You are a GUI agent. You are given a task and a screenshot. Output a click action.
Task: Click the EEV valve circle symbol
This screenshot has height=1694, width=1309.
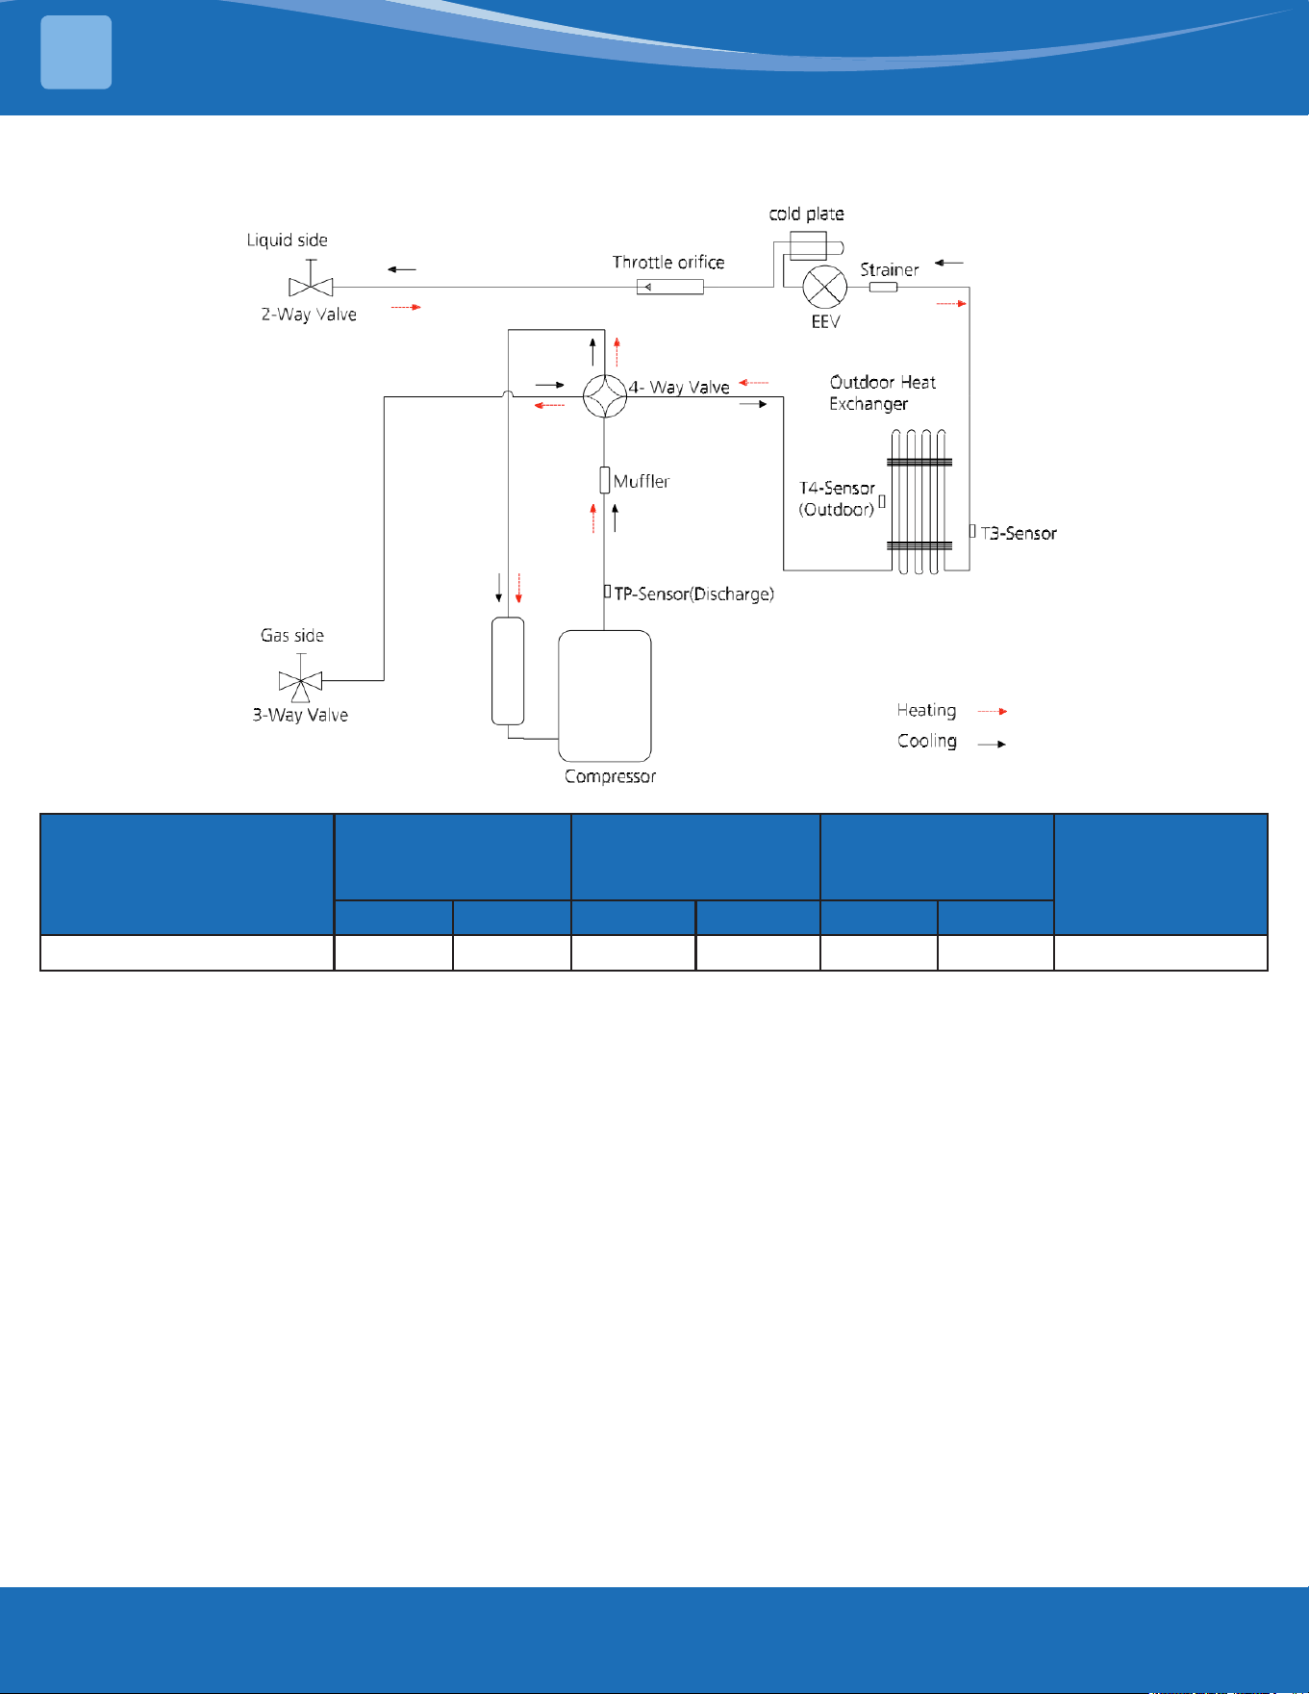click(x=824, y=287)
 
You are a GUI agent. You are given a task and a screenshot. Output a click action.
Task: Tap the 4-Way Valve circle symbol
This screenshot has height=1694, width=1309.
click(x=605, y=395)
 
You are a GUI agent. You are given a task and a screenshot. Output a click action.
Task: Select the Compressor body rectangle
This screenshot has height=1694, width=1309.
click(x=605, y=695)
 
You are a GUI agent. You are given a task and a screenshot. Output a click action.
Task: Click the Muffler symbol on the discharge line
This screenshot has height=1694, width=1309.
click(x=605, y=479)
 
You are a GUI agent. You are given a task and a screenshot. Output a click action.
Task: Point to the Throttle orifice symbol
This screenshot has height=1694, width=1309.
click(x=670, y=287)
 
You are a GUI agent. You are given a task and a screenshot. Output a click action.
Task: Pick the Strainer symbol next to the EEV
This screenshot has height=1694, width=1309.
click(x=883, y=287)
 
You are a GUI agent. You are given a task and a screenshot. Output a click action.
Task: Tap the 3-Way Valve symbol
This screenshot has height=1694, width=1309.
click(x=301, y=678)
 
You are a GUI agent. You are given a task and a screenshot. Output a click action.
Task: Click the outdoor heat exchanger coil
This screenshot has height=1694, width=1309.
click(x=919, y=501)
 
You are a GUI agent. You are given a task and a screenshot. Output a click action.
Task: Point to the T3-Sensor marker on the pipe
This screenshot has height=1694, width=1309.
click(x=972, y=531)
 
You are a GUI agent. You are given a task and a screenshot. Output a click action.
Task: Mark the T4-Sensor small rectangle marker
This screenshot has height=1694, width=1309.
click(x=881, y=501)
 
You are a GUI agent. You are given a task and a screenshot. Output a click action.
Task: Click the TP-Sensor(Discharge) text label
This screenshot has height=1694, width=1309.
click(x=693, y=594)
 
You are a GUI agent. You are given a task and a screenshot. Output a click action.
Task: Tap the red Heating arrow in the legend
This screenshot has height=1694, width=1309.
click(x=993, y=711)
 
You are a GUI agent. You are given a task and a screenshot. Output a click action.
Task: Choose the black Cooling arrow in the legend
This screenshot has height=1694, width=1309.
click(x=993, y=744)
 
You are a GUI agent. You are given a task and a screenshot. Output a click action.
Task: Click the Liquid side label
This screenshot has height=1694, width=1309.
click(x=288, y=240)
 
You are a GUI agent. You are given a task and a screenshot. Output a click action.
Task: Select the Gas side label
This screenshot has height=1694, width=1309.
click(x=292, y=635)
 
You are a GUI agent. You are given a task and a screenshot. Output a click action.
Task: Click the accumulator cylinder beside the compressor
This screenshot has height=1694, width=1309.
click(x=508, y=670)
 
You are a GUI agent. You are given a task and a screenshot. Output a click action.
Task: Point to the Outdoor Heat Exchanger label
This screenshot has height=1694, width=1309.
click(x=882, y=392)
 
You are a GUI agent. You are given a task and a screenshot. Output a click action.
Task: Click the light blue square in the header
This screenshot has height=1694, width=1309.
click(x=76, y=53)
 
